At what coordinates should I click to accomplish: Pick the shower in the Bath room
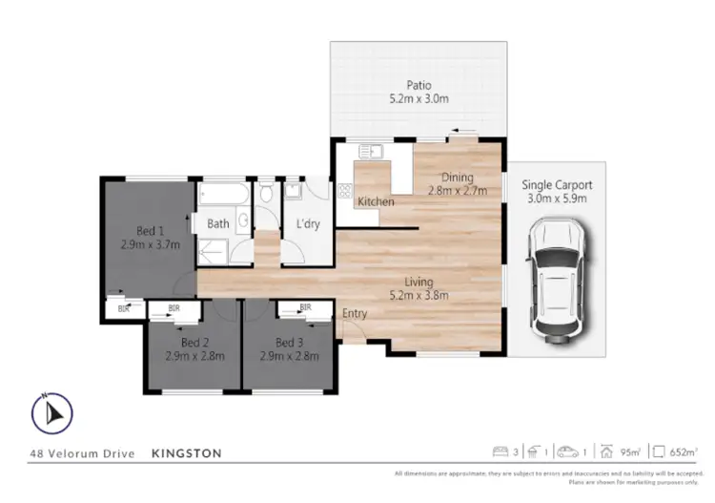215,250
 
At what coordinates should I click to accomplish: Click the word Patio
419,85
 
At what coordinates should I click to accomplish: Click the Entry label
355,313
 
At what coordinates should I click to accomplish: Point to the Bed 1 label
151,230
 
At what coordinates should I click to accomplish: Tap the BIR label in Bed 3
305,307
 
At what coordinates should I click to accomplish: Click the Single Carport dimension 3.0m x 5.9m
558,199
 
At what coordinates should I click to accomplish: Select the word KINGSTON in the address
188,453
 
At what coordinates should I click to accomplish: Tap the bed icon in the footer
500,451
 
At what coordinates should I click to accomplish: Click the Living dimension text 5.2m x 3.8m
419,295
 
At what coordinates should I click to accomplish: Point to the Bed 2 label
194,343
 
